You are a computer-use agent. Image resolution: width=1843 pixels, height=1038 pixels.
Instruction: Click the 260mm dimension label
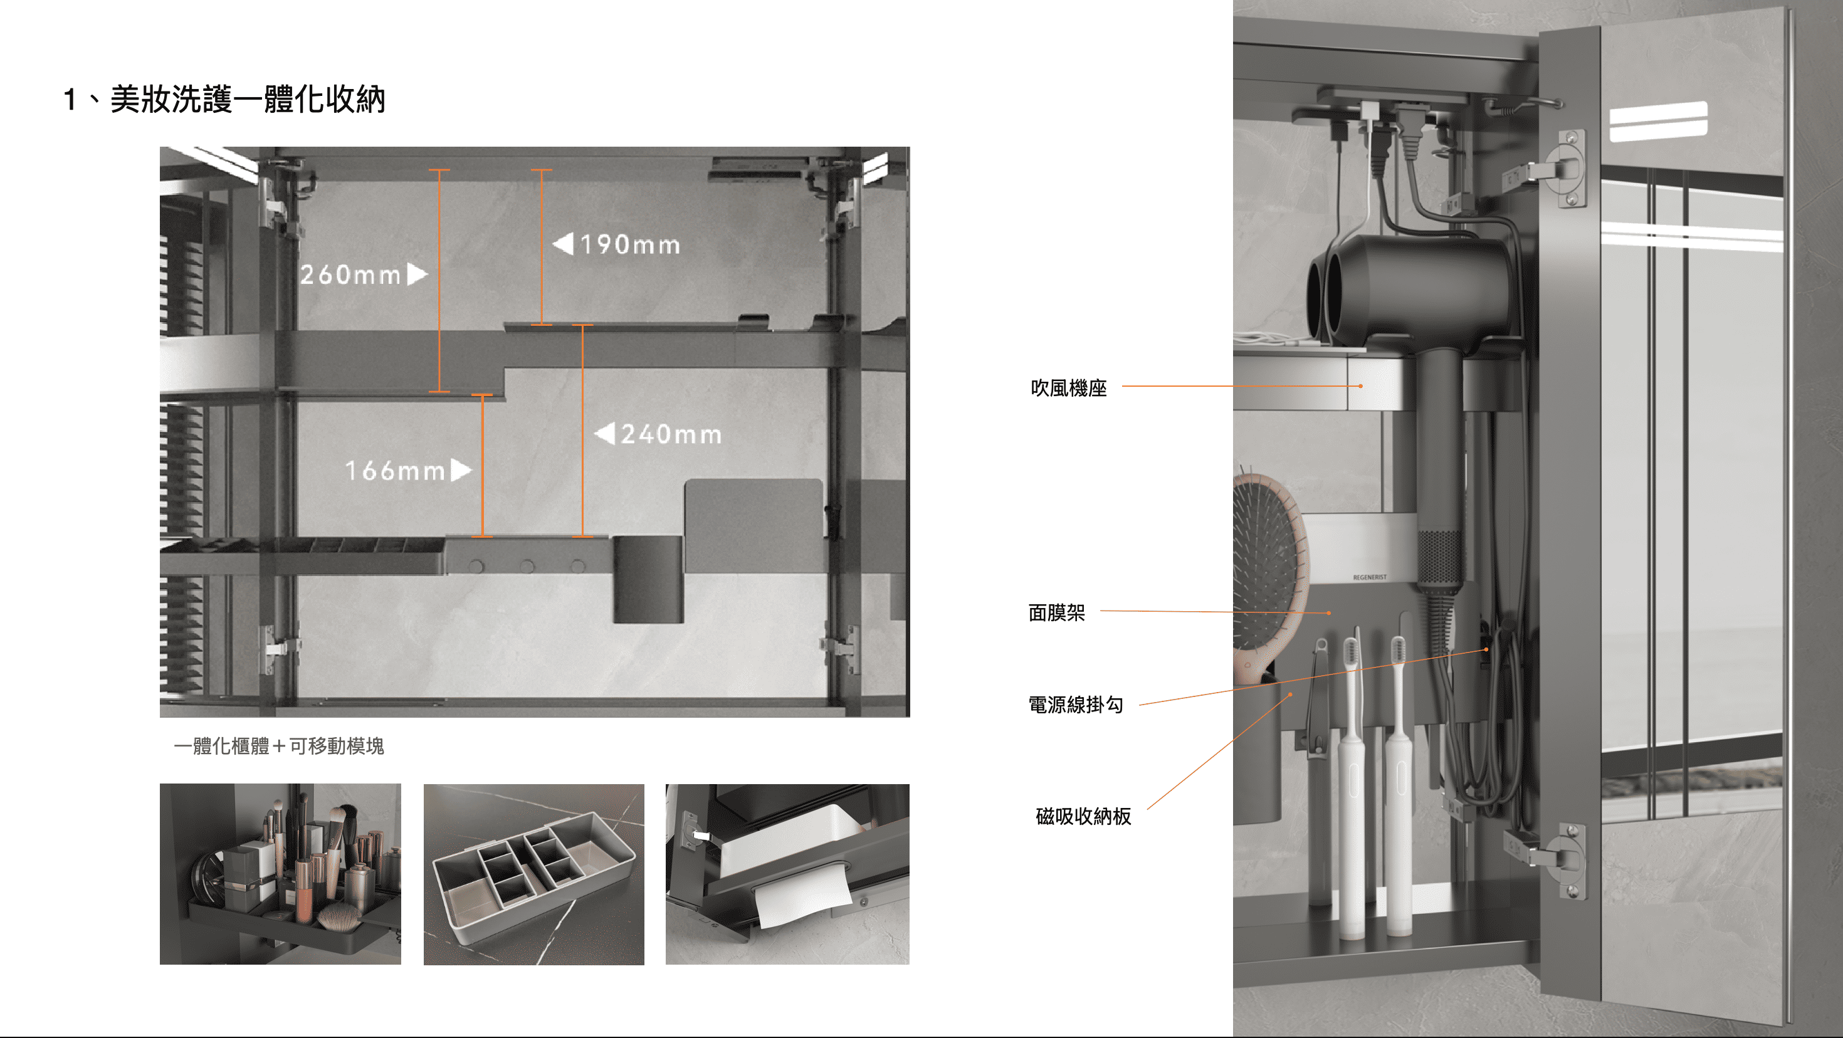click(350, 275)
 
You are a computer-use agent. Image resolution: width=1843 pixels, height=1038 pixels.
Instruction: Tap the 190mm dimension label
click(629, 244)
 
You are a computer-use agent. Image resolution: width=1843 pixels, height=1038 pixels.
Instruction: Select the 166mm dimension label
click(395, 471)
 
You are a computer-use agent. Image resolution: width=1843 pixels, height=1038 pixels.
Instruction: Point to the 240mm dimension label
click(671, 434)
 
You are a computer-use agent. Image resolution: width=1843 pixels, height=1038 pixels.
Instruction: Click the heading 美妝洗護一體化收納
click(248, 100)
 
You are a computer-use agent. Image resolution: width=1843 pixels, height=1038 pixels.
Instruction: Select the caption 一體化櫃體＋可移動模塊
click(279, 746)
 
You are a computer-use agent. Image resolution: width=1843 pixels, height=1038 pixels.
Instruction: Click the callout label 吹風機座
click(1069, 388)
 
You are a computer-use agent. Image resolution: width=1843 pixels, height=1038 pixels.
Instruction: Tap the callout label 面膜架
click(1057, 612)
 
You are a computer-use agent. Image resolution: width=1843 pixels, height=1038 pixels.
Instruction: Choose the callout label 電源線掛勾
click(1075, 705)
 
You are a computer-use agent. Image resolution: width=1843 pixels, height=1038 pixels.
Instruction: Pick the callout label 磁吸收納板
click(1083, 816)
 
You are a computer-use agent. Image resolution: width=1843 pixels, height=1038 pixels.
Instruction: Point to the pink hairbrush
click(1270, 572)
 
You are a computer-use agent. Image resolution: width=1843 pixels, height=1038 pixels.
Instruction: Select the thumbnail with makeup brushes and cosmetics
click(280, 874)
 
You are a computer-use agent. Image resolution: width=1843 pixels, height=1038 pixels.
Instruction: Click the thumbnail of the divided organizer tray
click(533, 874)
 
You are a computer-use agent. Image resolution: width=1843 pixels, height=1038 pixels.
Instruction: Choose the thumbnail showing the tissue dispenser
click(787, 874)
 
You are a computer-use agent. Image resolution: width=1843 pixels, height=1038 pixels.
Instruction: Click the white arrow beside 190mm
click(564, 244)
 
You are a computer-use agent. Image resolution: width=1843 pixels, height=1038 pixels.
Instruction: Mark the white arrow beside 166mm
click(461, 470)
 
